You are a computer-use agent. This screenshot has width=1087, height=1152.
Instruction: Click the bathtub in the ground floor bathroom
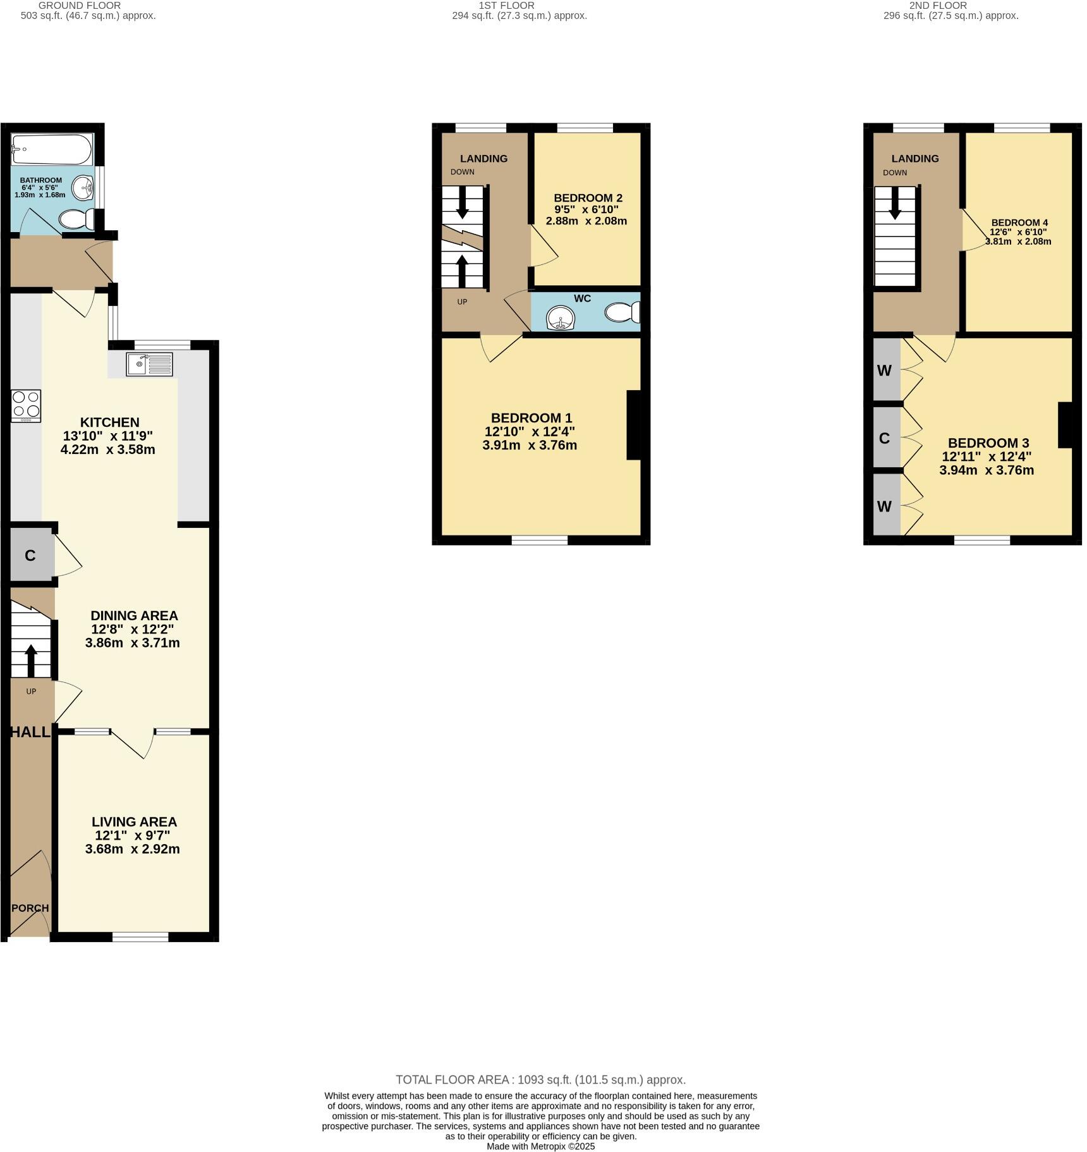[52, 149]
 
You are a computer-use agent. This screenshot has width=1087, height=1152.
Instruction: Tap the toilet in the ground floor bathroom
[76, 219]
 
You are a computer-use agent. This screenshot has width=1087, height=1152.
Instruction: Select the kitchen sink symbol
[149, 364]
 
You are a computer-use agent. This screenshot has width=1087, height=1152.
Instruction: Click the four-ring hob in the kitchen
[26, 405]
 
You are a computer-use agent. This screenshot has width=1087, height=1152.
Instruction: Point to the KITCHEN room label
[109, 422]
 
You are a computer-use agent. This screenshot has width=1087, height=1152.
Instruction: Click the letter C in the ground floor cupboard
[30, 556]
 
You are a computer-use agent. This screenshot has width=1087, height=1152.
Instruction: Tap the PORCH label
[30, 908]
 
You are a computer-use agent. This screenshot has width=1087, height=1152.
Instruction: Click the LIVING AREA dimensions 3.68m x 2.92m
[133, 849]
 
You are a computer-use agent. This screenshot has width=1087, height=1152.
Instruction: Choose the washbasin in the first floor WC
[561, 317]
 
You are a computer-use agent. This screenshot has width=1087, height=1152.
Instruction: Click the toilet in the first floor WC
[623, 312]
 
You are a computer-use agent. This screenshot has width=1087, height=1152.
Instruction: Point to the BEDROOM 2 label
[588, 198]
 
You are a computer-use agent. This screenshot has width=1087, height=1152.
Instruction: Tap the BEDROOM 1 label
[531, 418]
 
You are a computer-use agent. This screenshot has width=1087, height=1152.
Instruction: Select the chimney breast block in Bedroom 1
[634, 425]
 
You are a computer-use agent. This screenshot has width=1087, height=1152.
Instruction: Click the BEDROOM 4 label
[1019, 223]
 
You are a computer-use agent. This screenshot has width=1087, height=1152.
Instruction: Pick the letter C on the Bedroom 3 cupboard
[884, 438]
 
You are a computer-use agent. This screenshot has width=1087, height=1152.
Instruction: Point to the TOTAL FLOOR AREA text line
[540, 1080]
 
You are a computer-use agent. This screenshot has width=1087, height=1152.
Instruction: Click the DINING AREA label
[134, 616]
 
